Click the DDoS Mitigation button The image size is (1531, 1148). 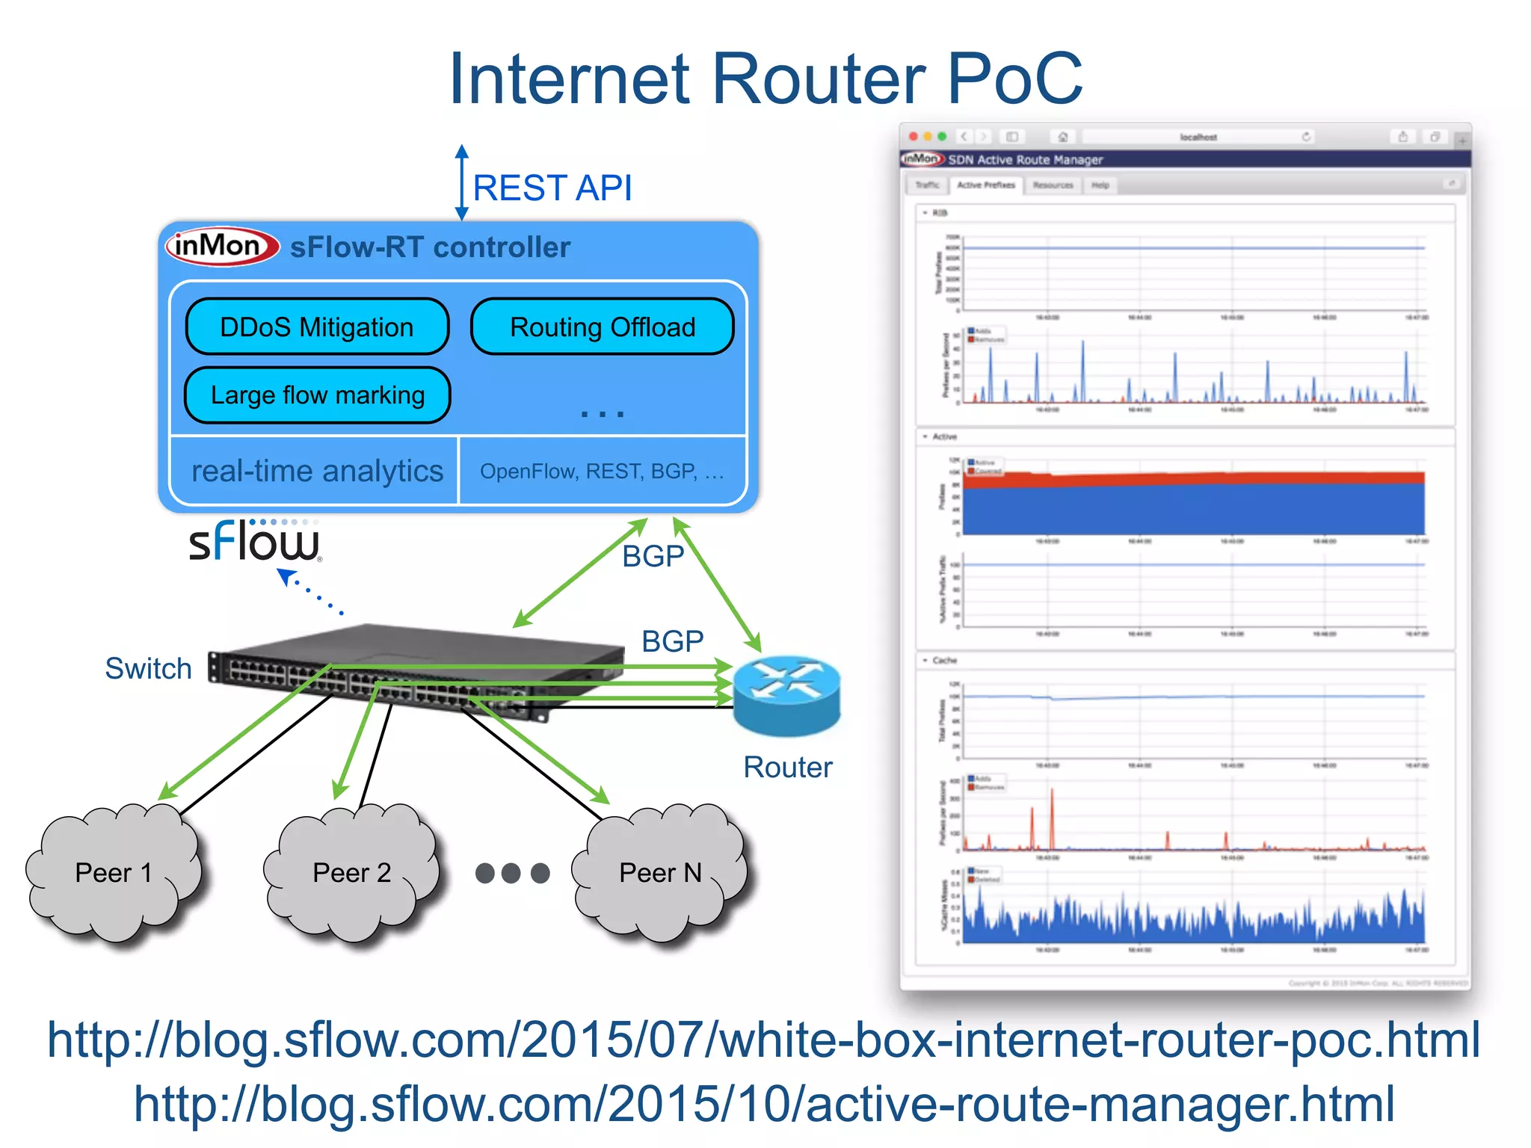coord(317,327)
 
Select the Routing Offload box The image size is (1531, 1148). coord(602,327)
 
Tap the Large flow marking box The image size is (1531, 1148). coord(317,395)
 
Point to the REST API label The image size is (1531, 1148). coord(552,188)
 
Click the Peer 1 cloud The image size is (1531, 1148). coord(114,872)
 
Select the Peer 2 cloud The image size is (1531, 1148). coord(351,872)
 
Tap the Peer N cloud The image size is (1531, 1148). coord(660,872)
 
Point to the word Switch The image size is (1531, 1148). coord(148,668)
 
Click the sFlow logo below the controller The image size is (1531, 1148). coord(255,541)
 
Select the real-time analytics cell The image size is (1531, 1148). coord(316,471)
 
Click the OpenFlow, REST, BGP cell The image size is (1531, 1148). coord(602,471)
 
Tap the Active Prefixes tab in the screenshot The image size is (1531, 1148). coord(985,185)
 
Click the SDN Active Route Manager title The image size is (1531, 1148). coord(1025,159)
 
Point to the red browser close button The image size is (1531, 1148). coord(913,137)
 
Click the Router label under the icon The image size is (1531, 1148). coord(787,767)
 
